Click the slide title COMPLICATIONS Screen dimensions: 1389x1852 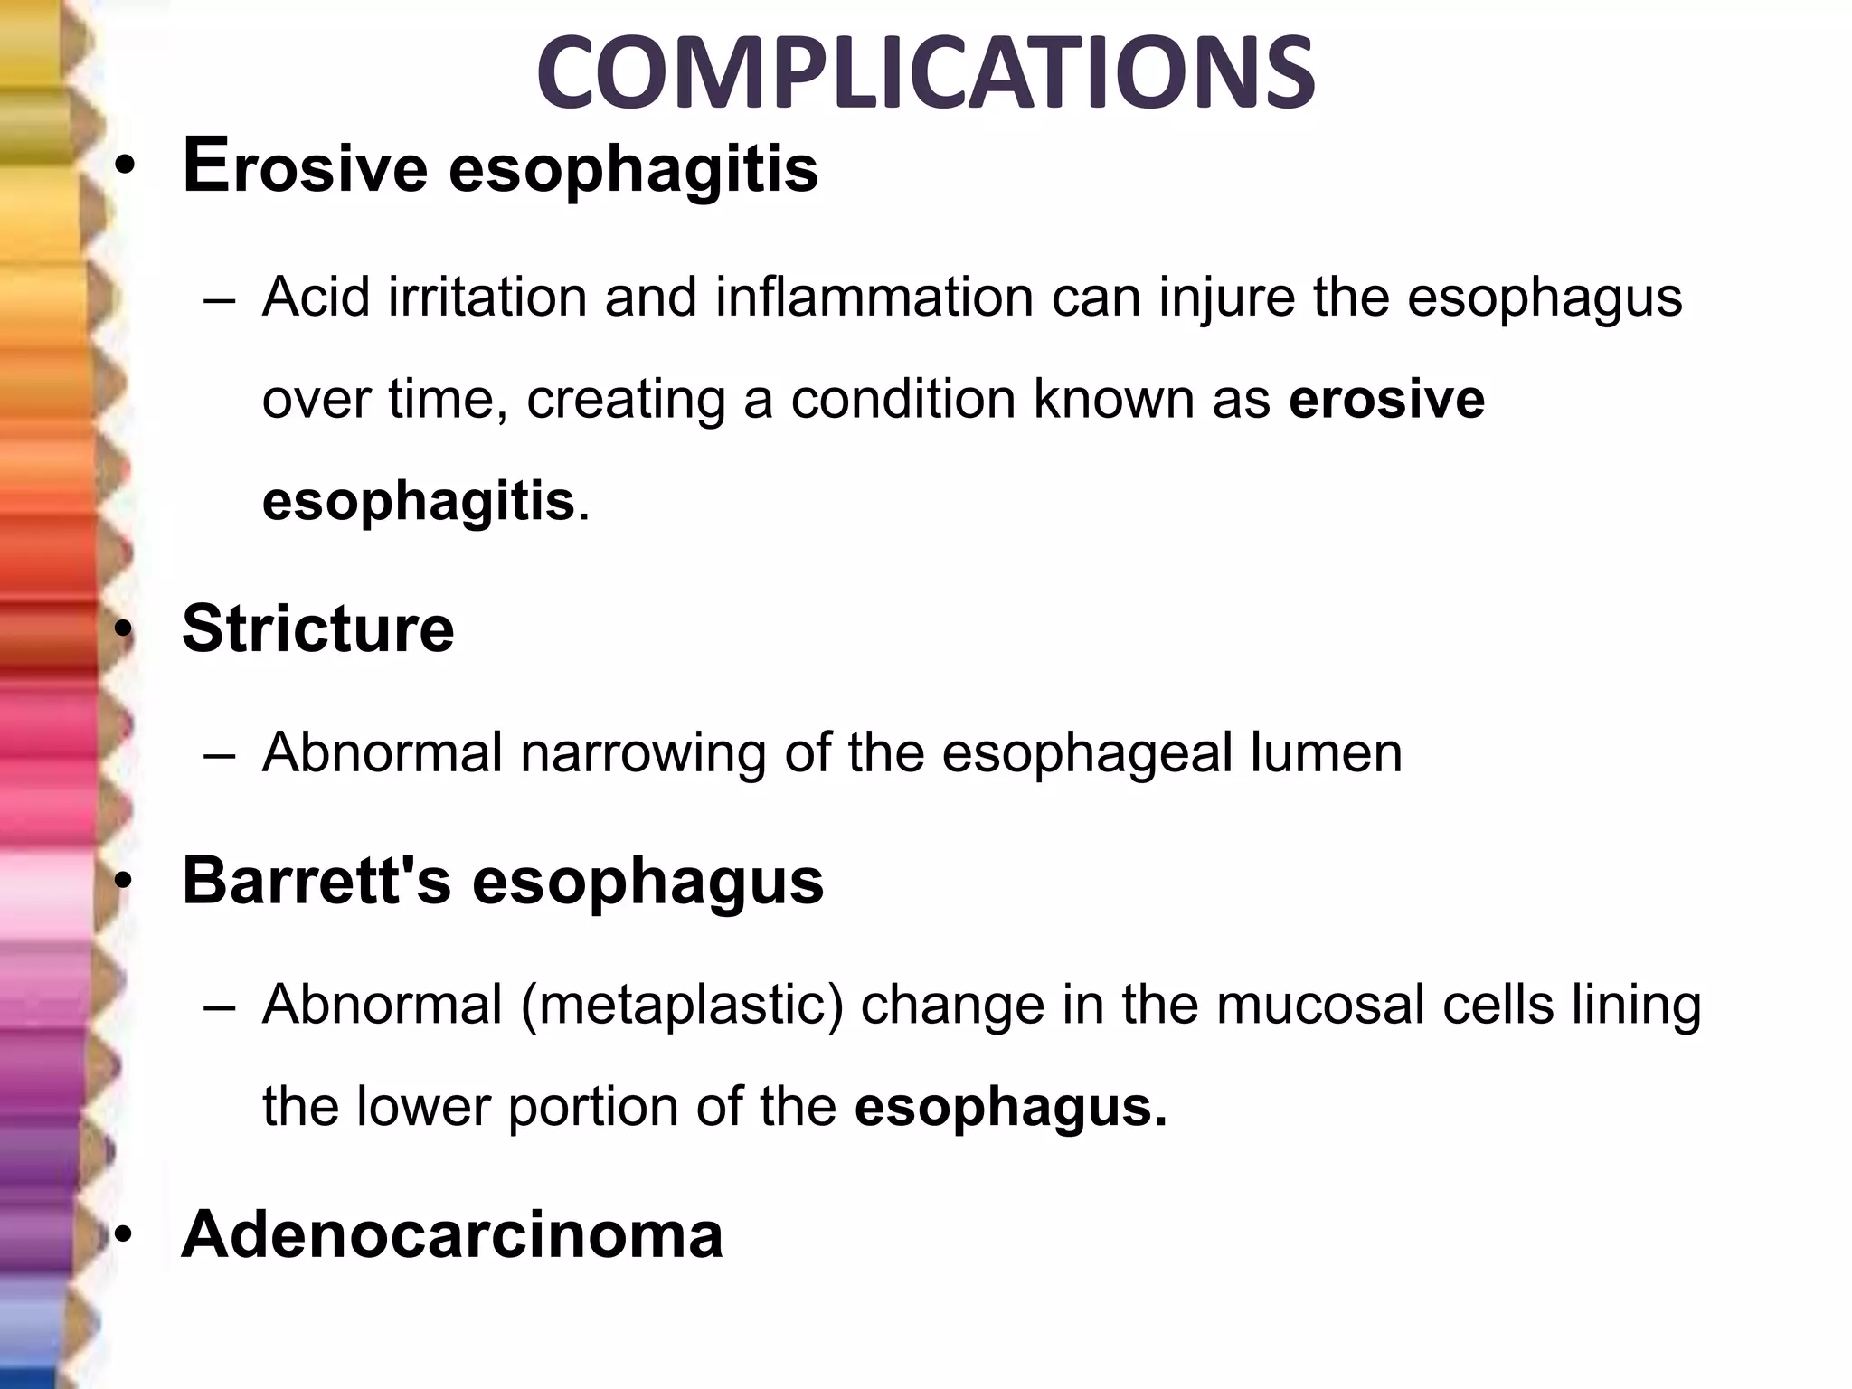[925, 72]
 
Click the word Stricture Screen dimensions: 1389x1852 [317, 628]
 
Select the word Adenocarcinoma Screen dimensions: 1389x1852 [452, 1233]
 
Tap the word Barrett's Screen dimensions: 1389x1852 [316, 880]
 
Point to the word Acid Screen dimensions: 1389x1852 [316, 297]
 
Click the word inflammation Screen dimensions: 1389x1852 [874, 297]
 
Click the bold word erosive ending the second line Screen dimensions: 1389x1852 [1386, 399]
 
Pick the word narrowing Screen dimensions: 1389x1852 [643, 752]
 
